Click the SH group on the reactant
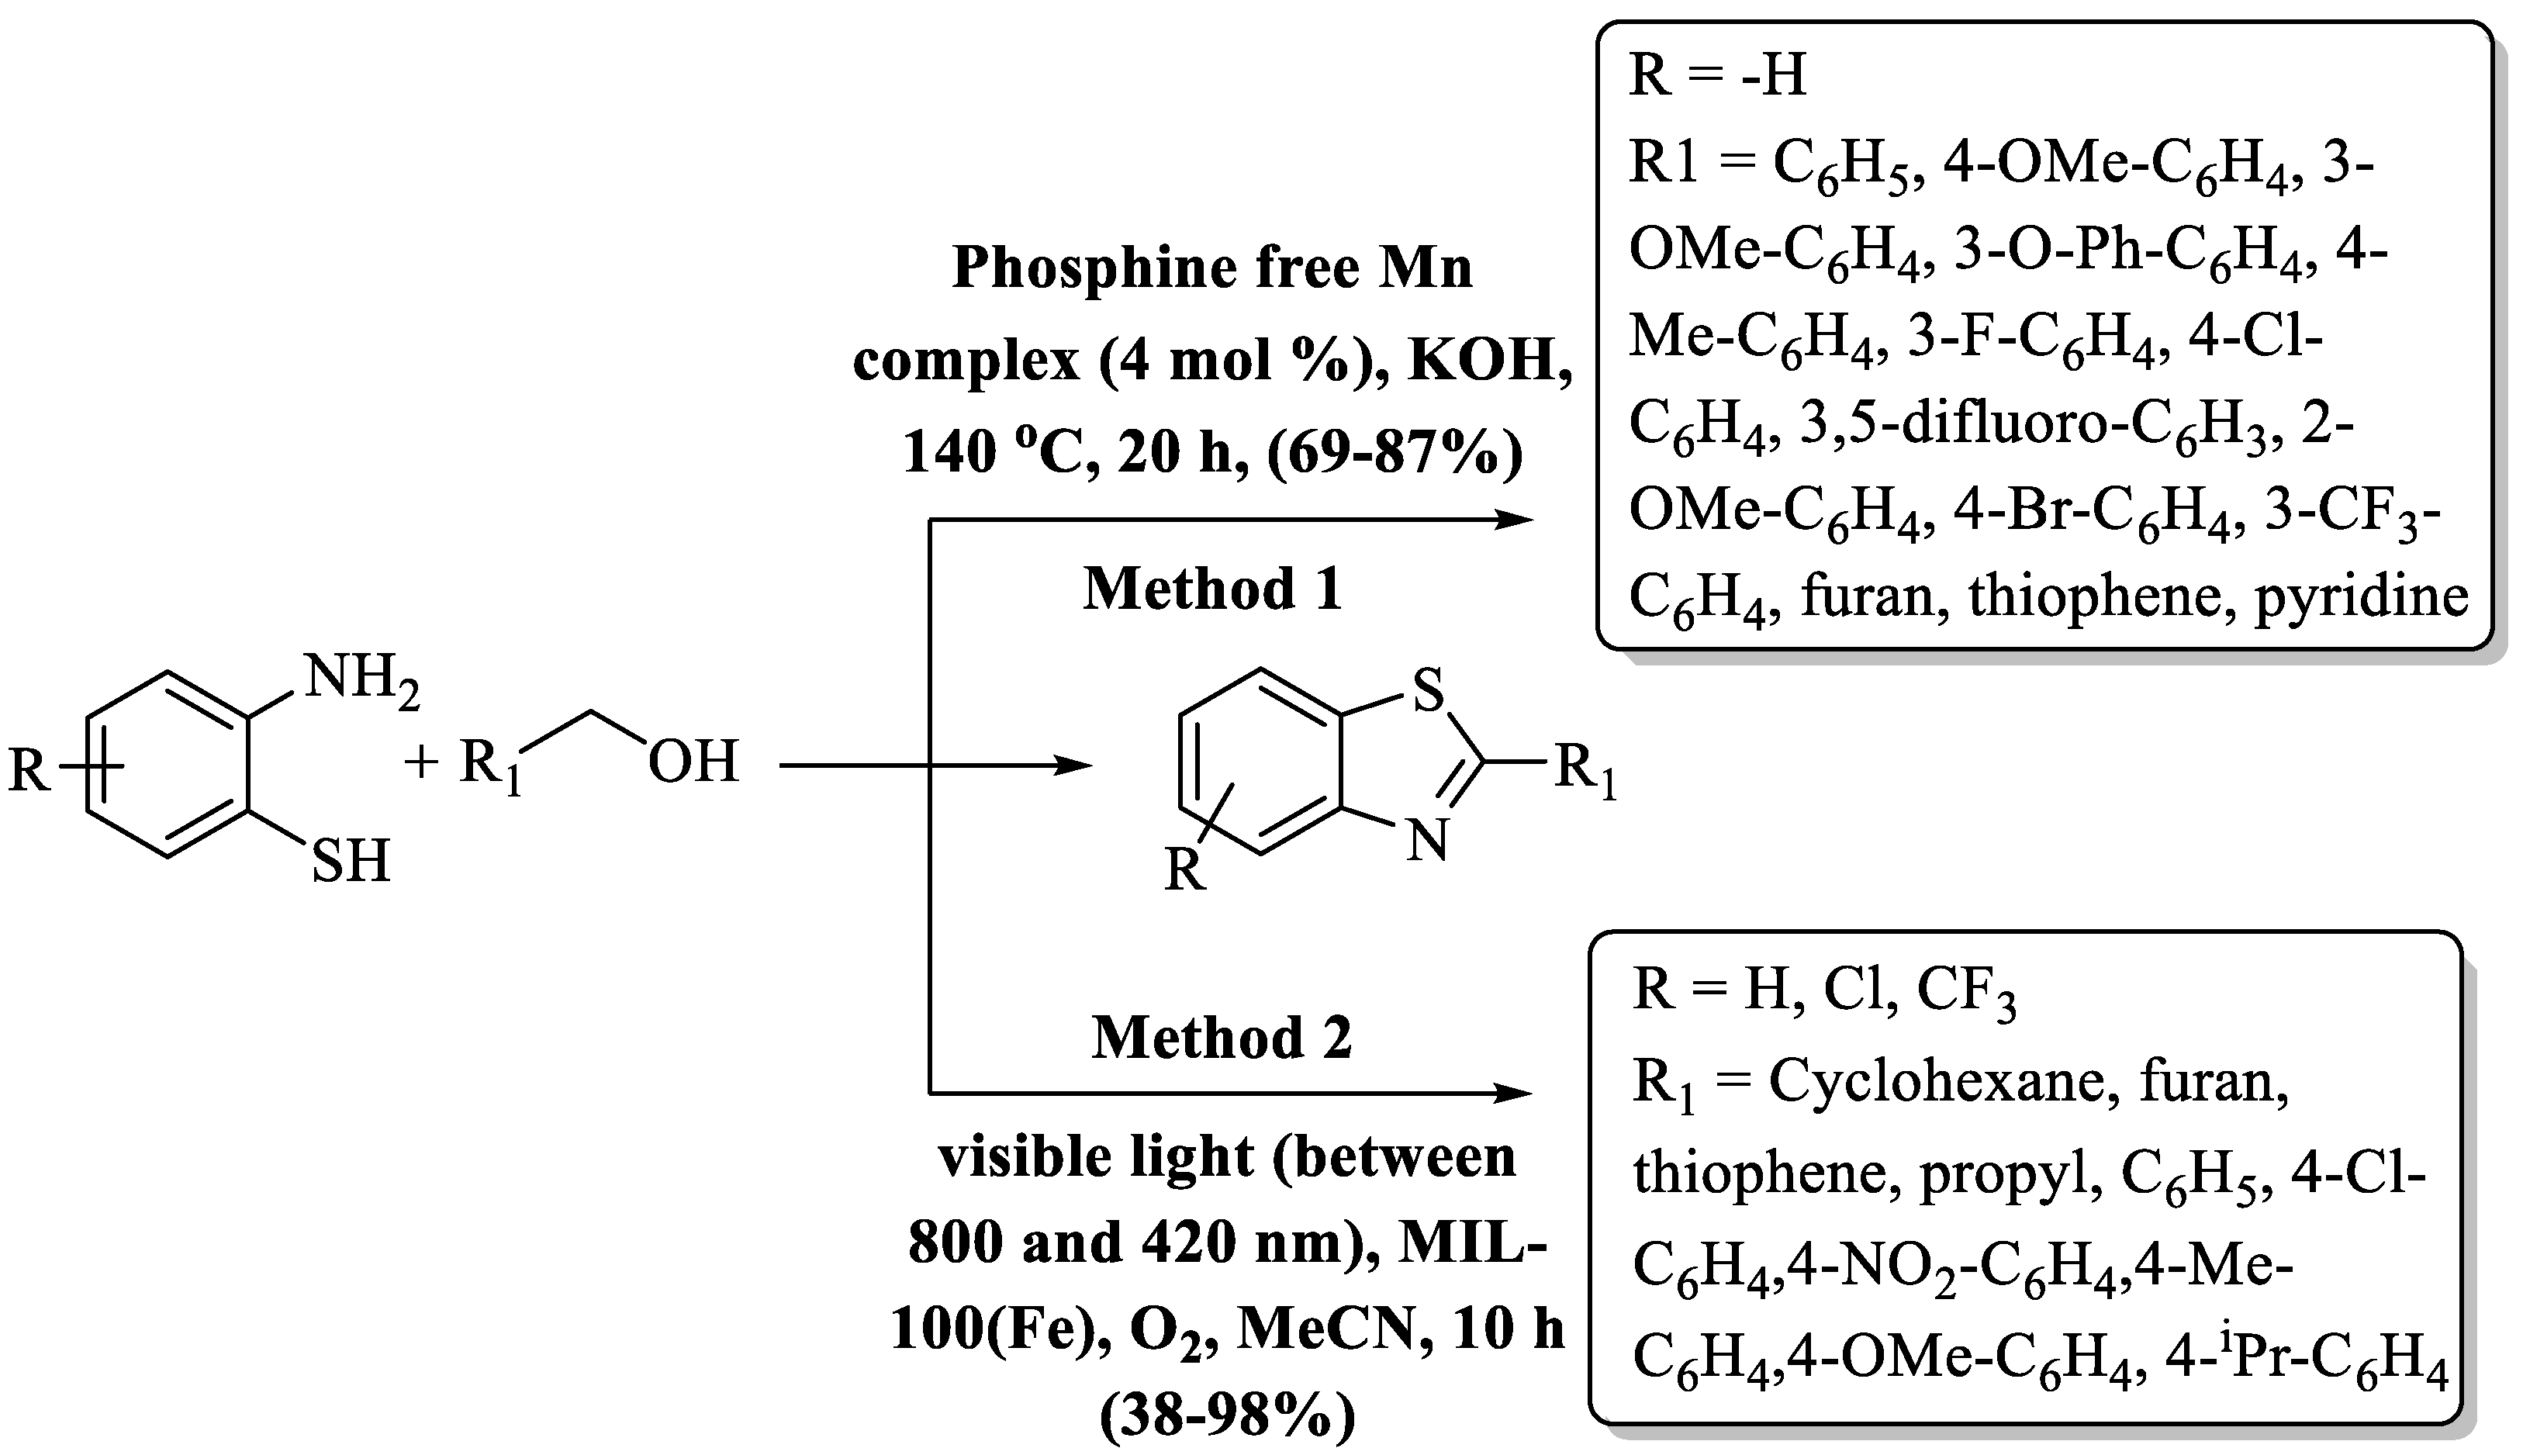[x=350, y=862]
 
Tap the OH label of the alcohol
[x=693, y=762]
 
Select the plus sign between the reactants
[x=422, y=763]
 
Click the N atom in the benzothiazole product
[x=1427, y=842]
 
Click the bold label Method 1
[x=1213, y=589]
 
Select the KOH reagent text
[x=1490, y=360]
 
